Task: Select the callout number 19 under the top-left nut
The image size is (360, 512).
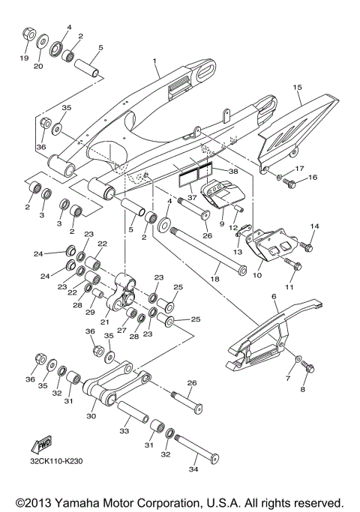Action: [x=24, y=58]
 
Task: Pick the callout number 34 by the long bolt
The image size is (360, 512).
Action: [x=193, y=470]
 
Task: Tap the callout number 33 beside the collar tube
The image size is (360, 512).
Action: [x=124, y=430]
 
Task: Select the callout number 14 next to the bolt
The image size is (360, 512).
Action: [x=315, y=226]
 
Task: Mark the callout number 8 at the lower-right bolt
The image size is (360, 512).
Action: [x=304, y=390]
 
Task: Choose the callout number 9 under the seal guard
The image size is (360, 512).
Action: [x=221, y=223]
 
